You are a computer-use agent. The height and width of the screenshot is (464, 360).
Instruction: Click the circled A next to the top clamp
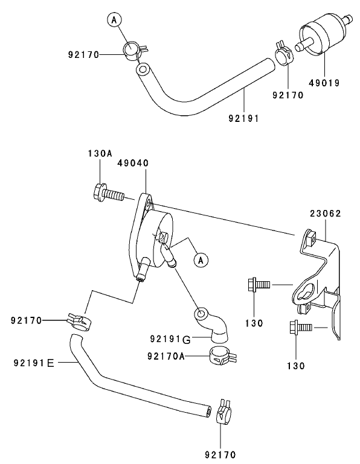pos(113,20)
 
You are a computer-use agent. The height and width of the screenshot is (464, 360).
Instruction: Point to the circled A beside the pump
pos(201,260)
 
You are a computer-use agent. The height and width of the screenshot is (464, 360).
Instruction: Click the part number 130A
pos(100,154)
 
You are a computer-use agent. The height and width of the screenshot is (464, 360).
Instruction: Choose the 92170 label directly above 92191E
pos(27,320)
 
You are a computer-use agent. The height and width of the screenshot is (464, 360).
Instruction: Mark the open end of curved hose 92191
pos(142,71)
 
